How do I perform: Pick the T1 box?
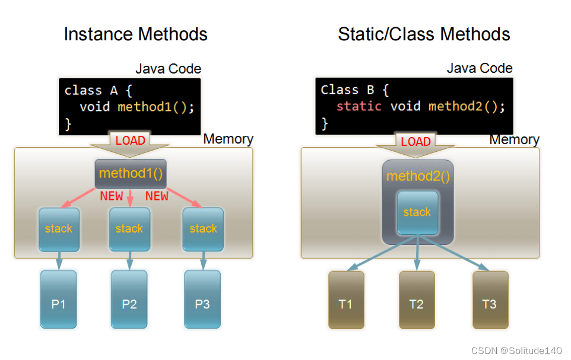point(345,300)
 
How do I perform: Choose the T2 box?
point(417,300)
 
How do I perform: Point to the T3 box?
point(490,300)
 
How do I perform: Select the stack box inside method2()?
point(417,212)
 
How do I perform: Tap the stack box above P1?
point(58,228)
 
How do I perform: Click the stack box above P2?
point(129,228)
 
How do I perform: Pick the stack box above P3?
point(204,228)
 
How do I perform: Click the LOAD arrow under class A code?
point(130,142)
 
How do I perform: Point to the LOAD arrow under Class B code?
point(415,143)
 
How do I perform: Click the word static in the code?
point(359,106)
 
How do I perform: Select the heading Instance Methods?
point(135,34)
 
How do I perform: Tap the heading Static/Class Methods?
point(424,34)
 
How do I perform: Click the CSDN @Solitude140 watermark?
point(516,351)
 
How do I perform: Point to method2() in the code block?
point(467,106)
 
